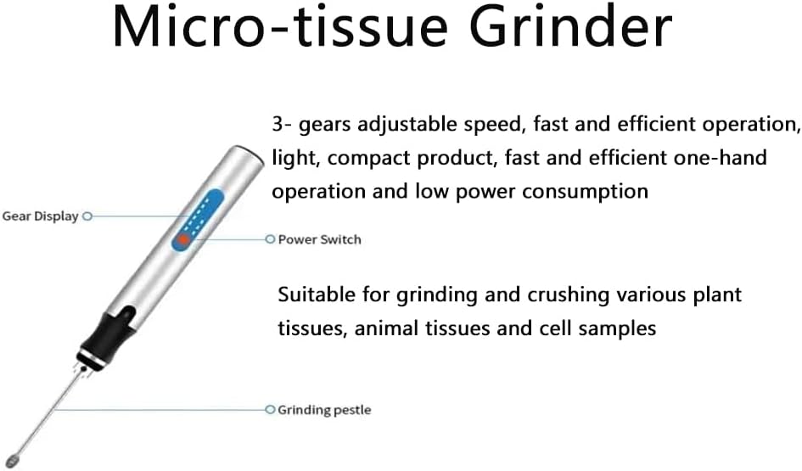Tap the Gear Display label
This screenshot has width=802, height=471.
tap(40, 216)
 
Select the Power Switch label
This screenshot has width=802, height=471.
tap(319, 240)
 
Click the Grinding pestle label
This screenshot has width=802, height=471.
tap(324, 411)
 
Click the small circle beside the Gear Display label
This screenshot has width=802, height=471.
tap(87, 216)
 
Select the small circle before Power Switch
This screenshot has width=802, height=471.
tap(270, 240)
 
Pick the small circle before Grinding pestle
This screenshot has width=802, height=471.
tap(270, 410)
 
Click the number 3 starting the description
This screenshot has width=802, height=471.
tap(277, 125)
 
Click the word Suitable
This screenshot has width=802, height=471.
tap(315, 295)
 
